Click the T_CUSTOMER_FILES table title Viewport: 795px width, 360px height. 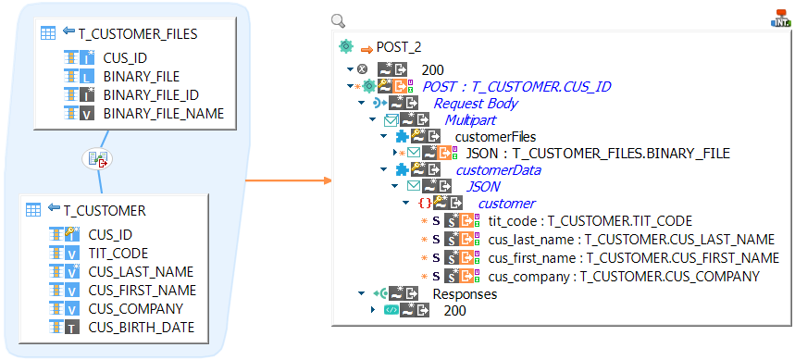point(139,32)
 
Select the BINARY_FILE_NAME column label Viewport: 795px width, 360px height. point(163,114)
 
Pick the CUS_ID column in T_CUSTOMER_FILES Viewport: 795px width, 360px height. point(124,58)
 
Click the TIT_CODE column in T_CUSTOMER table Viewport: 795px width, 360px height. point(118,253)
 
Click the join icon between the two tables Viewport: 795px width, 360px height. point(97,159)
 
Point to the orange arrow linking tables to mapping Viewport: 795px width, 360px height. point(287,180)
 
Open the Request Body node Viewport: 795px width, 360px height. point(476,104)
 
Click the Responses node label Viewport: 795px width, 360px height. point(465,294)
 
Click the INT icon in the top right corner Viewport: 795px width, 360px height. point(779,19)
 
